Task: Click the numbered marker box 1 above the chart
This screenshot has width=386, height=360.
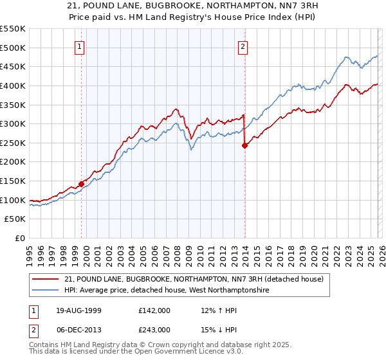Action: coord(79,46)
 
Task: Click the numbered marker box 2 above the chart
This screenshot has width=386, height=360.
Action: coord(243,46)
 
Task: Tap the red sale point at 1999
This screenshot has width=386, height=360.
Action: coord(82,184)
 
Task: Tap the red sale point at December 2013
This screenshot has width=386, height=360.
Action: coord(244,145)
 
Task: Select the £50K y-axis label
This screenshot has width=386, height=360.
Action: coord(15,219)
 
